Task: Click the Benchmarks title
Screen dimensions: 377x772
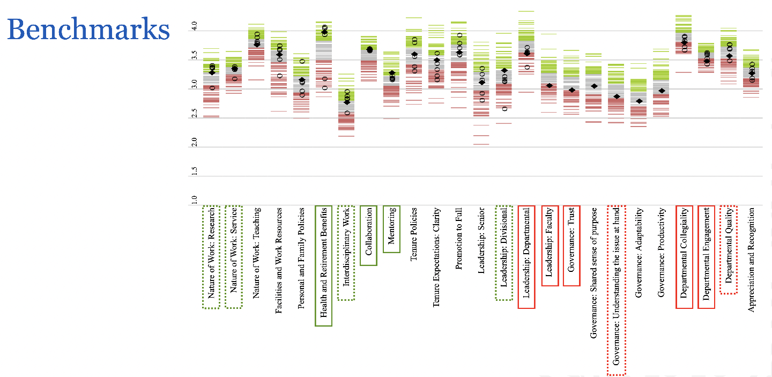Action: (x=88, y=29)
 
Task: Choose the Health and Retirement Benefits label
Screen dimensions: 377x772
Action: (x=324, y=266)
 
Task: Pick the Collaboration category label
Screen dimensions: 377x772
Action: (x=369, y=235)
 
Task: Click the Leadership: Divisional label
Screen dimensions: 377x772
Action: (x=503, y=254)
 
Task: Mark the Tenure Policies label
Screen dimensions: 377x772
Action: (x=414, y=234)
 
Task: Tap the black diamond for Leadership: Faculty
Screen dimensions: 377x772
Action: (x=550, y=86)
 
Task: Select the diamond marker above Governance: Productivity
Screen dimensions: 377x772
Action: (x=662, y=91)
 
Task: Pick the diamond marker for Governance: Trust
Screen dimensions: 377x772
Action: (x=572, y=90)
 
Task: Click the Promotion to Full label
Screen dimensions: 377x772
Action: (x=458, y=239)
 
